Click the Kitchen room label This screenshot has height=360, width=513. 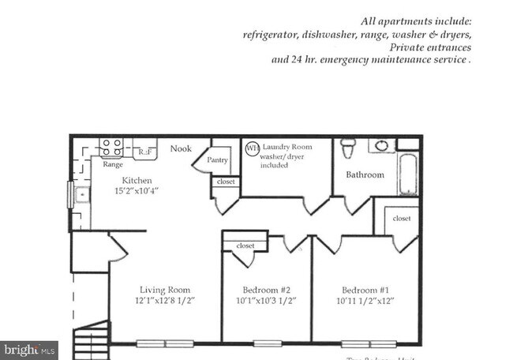click(114, 180)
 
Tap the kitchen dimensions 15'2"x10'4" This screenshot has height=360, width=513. click(122, 190)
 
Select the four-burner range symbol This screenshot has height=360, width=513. click(110, 148)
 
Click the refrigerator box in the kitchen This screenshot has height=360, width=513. click(144, 150)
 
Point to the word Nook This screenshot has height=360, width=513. click(181, 148)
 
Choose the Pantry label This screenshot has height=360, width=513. click(217, 160)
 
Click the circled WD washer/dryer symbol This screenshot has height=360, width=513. click(252, 148)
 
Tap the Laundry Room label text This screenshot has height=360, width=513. click(287, 147)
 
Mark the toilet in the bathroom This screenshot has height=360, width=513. click(347, 148)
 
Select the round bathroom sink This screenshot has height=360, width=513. click(382, 145)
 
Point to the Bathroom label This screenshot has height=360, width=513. click(365, 174)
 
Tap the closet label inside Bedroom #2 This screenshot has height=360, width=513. click(245, 246)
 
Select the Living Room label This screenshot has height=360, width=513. click(165, 289)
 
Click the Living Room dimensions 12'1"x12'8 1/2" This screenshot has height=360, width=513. click(165, 301)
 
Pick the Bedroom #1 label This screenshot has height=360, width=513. click(365, 289)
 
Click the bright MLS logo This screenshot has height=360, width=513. click(29, 348)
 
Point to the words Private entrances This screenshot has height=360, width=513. click(432, 47)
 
